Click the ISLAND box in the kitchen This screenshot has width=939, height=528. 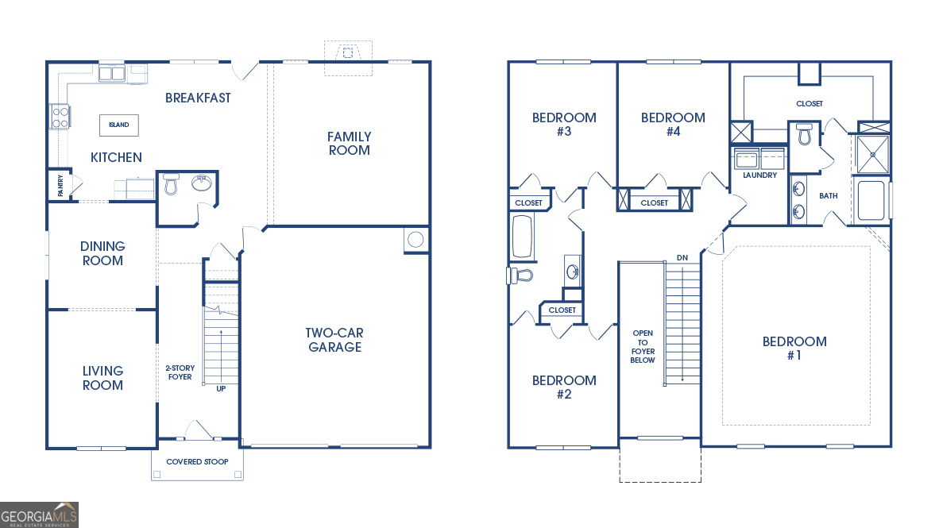pos(118,125)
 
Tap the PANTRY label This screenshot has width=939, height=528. pos(60,185)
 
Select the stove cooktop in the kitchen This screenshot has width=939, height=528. pos(60,117)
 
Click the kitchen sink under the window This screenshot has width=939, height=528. pos(111,74)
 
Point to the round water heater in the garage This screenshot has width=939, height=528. pos(415,240)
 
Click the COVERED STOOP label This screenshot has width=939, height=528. pos(197,462)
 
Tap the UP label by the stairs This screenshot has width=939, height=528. pos(221,388)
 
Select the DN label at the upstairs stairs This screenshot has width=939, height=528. pos(682,258)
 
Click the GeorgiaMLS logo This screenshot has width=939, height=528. pos(40,515)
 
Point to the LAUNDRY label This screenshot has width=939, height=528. pos(759,175)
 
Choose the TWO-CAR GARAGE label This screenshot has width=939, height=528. pos(334,340)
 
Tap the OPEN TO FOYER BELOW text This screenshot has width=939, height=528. pos(643,347)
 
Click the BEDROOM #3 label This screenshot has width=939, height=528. pos(564,124)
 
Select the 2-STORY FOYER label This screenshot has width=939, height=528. pos(180,372)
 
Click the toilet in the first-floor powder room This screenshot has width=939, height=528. pos(171,185)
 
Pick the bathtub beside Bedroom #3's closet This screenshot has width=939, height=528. pos(522,237)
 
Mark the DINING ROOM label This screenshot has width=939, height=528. pos(102,253)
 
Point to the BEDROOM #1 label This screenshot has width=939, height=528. pos(794,348)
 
